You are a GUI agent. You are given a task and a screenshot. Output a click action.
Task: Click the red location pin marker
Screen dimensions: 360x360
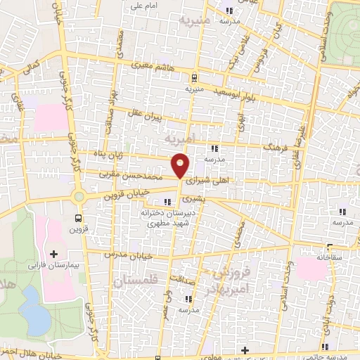coord(181,165)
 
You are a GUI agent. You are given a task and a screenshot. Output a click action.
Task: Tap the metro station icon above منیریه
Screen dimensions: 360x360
coord(194,78)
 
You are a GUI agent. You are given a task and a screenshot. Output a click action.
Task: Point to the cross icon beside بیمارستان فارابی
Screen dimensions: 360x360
coord(54,252)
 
